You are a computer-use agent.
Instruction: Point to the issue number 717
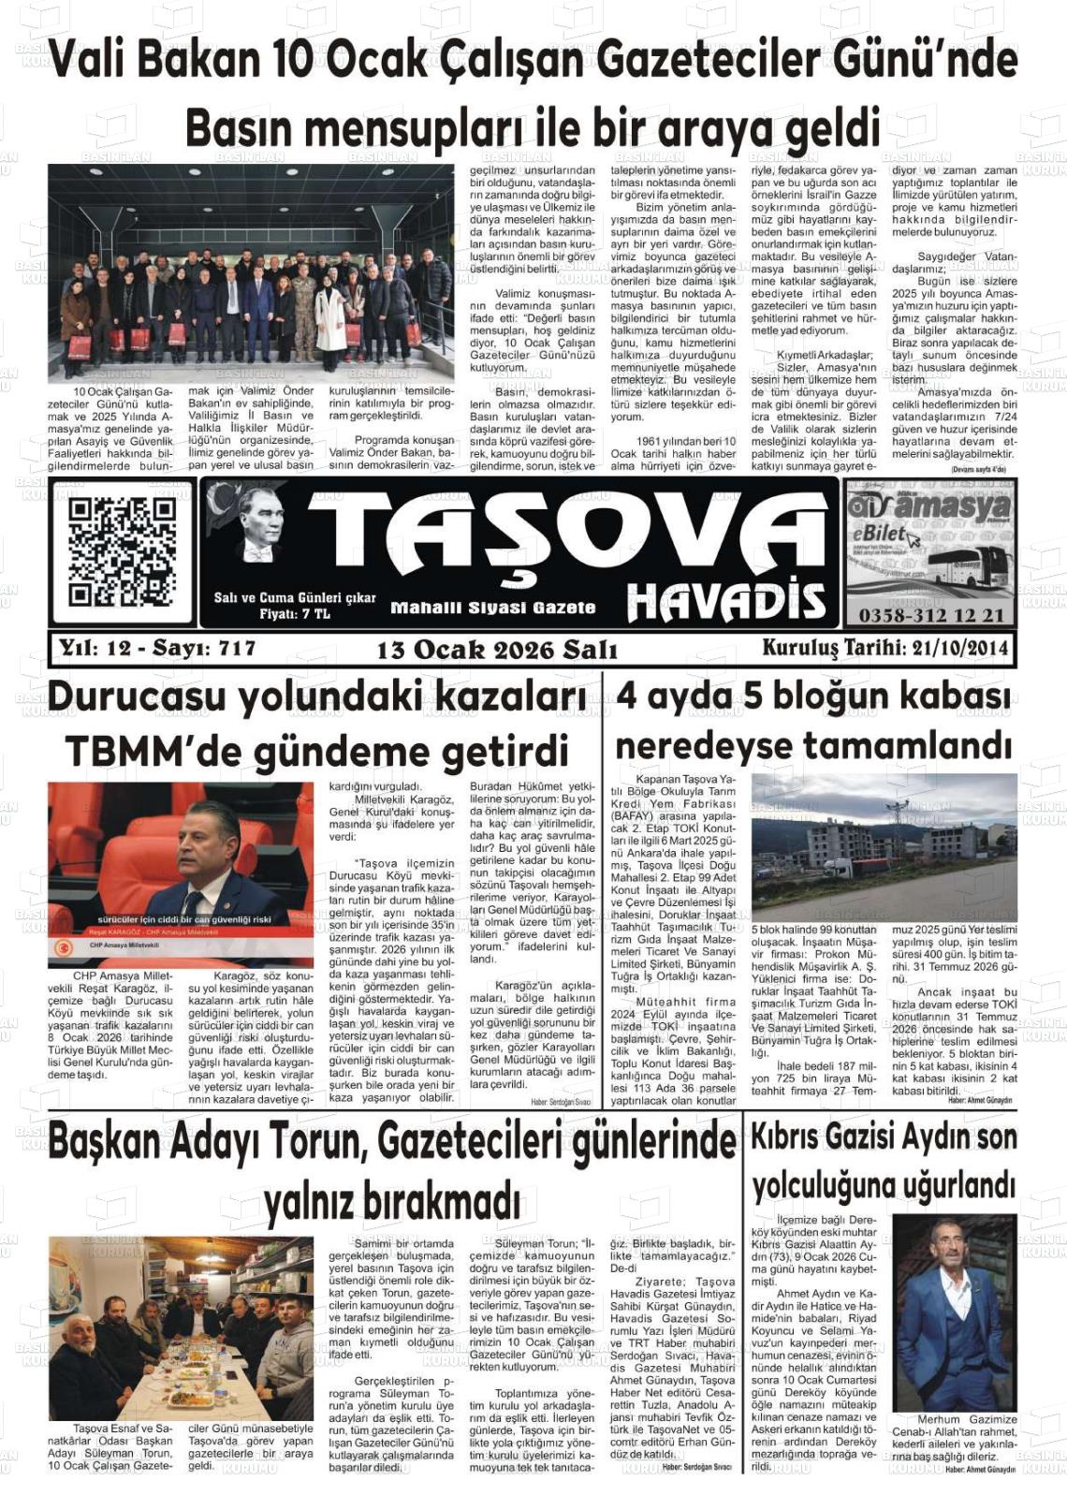point(237,648)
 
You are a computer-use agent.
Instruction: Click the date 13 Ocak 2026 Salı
point(496,650)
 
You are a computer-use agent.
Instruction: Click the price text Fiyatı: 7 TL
point(294,614)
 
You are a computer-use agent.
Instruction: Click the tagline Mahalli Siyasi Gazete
point(492,608)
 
